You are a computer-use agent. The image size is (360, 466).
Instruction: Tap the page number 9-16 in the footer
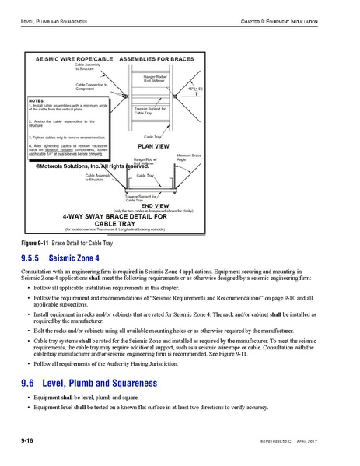pos(30,440)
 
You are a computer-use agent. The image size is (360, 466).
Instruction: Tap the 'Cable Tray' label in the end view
pos(145,177)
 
